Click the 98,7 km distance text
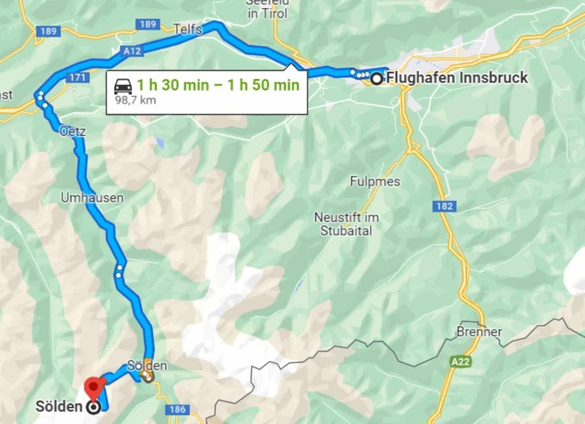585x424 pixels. pos(136,100)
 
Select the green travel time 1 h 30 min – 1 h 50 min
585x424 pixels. pos(218,85)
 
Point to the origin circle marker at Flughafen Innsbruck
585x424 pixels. pos(376,79)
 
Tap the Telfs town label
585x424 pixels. pos(188,29)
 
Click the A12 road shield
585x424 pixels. pos(132,51)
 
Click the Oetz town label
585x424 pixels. pos(73,131)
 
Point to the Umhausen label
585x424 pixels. pos(92,198)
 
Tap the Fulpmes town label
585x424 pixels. pos(375,181)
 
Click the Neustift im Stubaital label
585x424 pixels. pos(346,224)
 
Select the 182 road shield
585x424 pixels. pos(445,206)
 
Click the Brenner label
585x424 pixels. pos(479,332)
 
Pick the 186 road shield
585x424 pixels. pos(177,409)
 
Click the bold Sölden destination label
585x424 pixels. pos(58,406)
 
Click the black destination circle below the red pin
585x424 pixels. pos(93,407)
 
